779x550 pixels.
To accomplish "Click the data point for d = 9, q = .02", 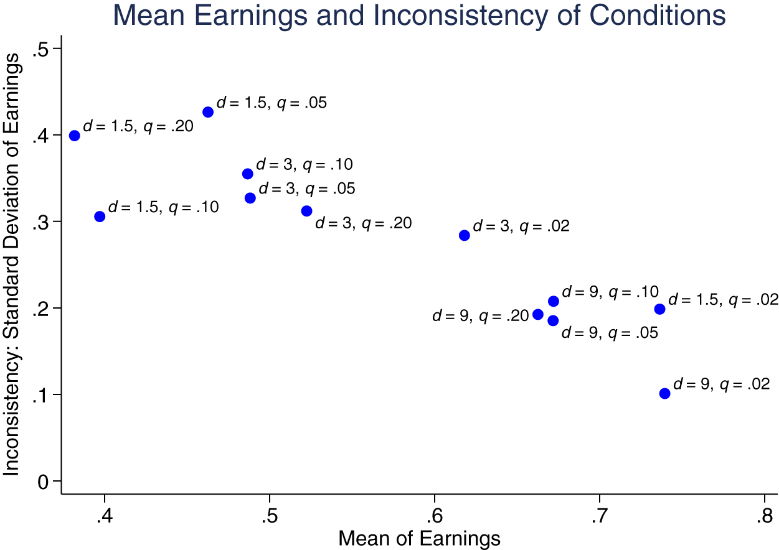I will pos(664,393).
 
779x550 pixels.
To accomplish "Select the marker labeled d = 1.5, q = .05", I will pos(208,112).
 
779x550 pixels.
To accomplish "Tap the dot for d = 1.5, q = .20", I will pos(75,136).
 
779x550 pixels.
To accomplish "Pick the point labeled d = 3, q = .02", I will pos(464,235).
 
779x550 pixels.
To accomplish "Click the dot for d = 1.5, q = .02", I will pos(659,309).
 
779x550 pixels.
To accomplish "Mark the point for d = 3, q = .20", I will pos(306,211).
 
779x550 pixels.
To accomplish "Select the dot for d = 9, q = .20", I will pos(538,314).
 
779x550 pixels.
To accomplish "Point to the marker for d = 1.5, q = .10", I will pos(100,217).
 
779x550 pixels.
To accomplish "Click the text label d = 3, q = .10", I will pos(305,165).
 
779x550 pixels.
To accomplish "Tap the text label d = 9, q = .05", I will pos(610,333).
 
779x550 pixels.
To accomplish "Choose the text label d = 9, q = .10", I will pos(610,292).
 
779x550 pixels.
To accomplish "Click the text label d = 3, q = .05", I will pos(306,189).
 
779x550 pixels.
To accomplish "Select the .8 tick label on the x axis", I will pos(764,516).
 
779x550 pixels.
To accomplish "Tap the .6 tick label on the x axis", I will pos(434,516).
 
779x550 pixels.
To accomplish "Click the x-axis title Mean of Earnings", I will pos(419,538).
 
